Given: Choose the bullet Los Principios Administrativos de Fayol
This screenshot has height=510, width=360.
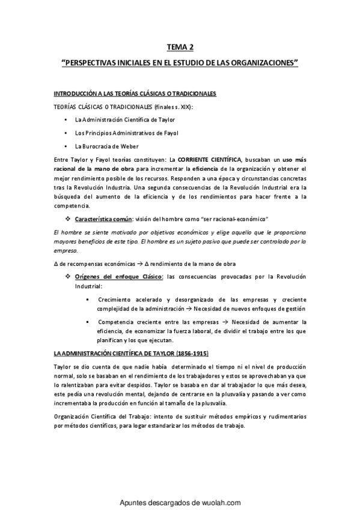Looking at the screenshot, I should (x=118, y=132).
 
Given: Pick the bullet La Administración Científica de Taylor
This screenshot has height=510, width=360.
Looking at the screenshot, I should (x=117, y=120).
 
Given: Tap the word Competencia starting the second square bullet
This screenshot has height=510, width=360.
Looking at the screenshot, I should (x=115, y=322).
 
